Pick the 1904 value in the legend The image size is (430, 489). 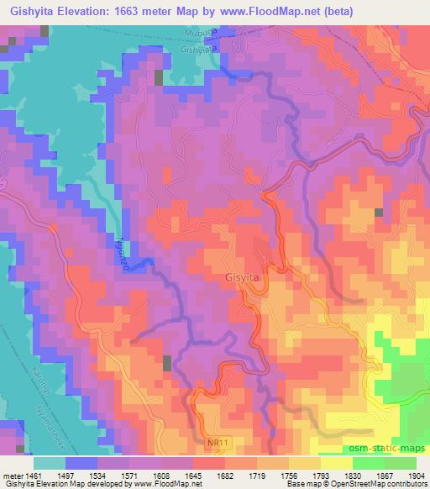(x=413, y=474)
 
